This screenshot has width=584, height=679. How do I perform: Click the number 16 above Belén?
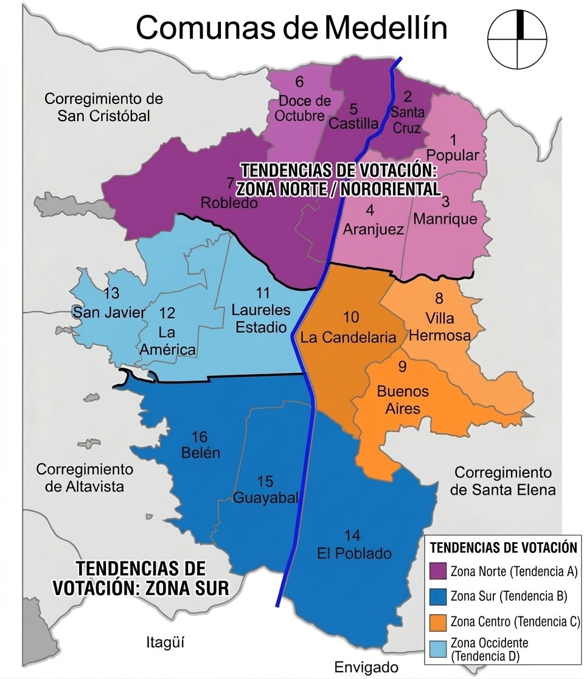tap(199, 437)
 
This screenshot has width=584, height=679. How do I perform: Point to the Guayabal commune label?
tap(266, 498)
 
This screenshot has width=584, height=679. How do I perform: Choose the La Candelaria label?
tap(349, 336)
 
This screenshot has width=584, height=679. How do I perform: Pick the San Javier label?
tap(109, 313)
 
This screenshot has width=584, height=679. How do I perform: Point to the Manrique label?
tap(445, 218)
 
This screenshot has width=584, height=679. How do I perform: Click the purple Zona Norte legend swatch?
tap(438, 571)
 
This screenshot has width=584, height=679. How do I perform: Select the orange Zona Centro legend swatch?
tap(438, 622)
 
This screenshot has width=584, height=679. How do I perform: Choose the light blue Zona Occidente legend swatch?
tap(438, 649)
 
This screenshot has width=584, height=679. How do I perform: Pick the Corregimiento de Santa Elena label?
tap(503, 481)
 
